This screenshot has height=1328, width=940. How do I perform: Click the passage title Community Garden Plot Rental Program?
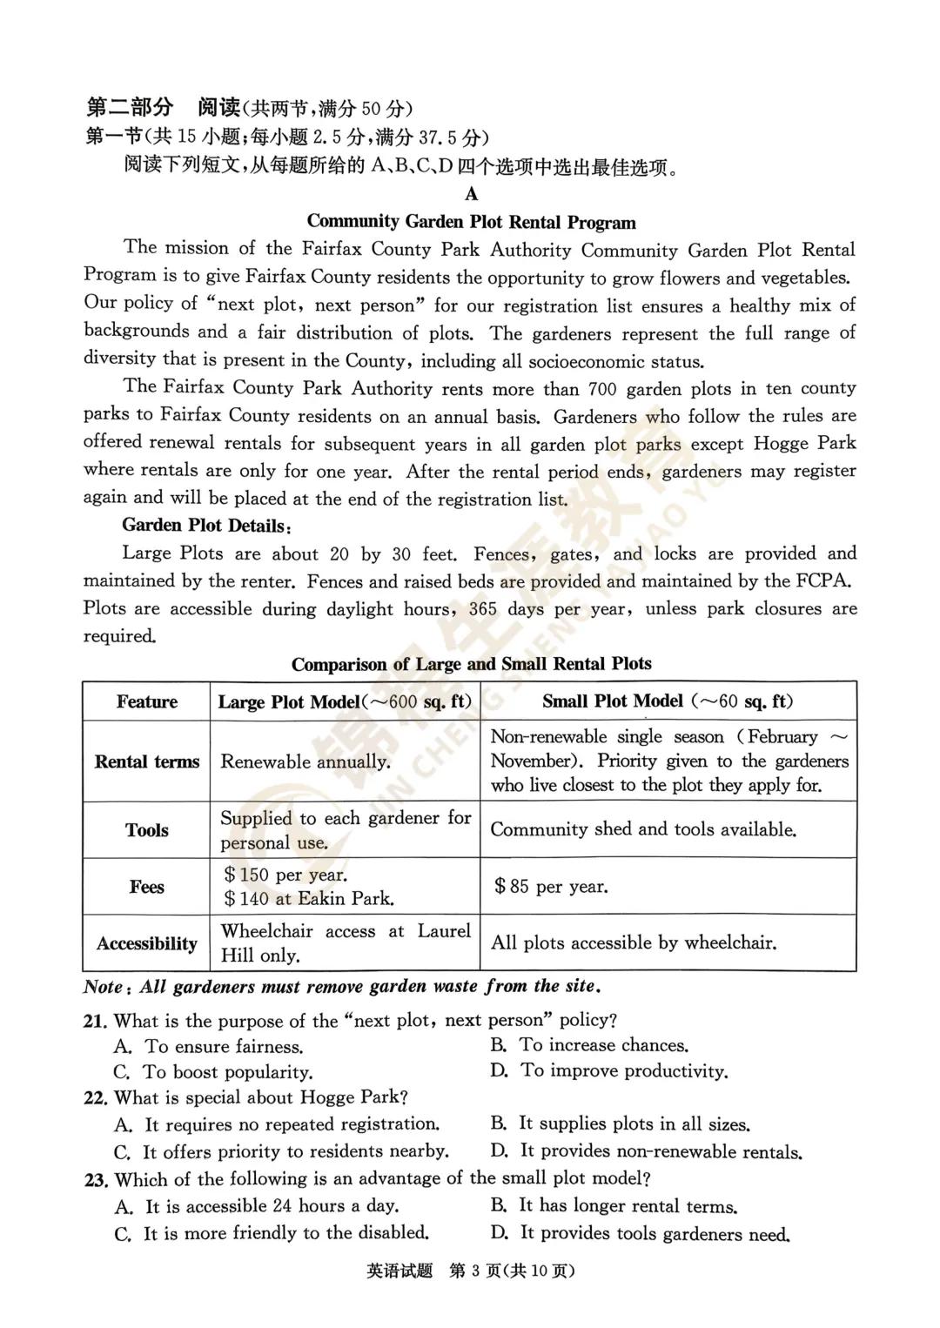pyautogui.click(x=471, y=222)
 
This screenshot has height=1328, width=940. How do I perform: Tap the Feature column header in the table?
pyautogui.click(x=146, y=702)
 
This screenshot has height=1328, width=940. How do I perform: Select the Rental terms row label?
pyautogui.click(x=146, y=761)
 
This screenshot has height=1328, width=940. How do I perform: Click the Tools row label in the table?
pyautogui.click(x=146, y=830)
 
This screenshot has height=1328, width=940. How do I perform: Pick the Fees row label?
pyautogui.click(x=146, y=887)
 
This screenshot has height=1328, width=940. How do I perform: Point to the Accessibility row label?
pyautogui.click(x=146, y=943)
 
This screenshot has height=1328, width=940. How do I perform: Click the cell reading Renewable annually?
pyautogui.click(x=305, y=761)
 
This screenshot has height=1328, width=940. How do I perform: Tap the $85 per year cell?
pyautogui.click(x=551, y=887)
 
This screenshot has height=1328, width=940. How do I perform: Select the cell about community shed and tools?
pyautogui.click(x=643, y=829)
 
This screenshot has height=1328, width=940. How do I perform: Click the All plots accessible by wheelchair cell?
pyautogui.click(x=634, y=942)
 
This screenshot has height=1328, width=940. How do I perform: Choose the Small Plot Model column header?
pyautogui.click(x=668, y=701)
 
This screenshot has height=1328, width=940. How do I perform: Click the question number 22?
pyautogui.click(x=95, y=1098)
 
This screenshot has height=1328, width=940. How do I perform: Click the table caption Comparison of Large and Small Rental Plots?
pyautogui.click(x=471, y=664)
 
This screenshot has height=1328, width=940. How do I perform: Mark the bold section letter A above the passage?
pyautogui.click(x=471, y=193)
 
